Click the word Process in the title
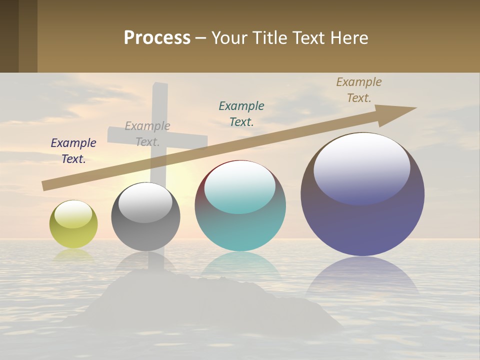tap(157, 38)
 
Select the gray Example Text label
tap(147, 134)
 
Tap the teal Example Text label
tap(241, 113)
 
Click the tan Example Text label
tap(359, 90)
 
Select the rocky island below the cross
tap(210, 305)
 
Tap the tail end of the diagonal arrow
tap(46, 185)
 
